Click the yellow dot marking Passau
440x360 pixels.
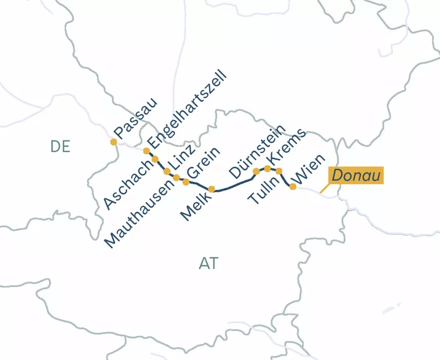[113, 142]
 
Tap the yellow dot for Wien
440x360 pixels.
[293, 187]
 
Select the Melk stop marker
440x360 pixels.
[212, 189]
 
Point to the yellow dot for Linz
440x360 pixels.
[167, 171]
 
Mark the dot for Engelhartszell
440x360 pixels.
[146, 151]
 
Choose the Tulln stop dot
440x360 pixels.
[279, 171]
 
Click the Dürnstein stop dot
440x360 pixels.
[256, 171]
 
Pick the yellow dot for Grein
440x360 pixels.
[186, 182]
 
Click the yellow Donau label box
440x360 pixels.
[355, 175]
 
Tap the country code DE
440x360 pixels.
[60, 147]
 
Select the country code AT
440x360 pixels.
[208, 264]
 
